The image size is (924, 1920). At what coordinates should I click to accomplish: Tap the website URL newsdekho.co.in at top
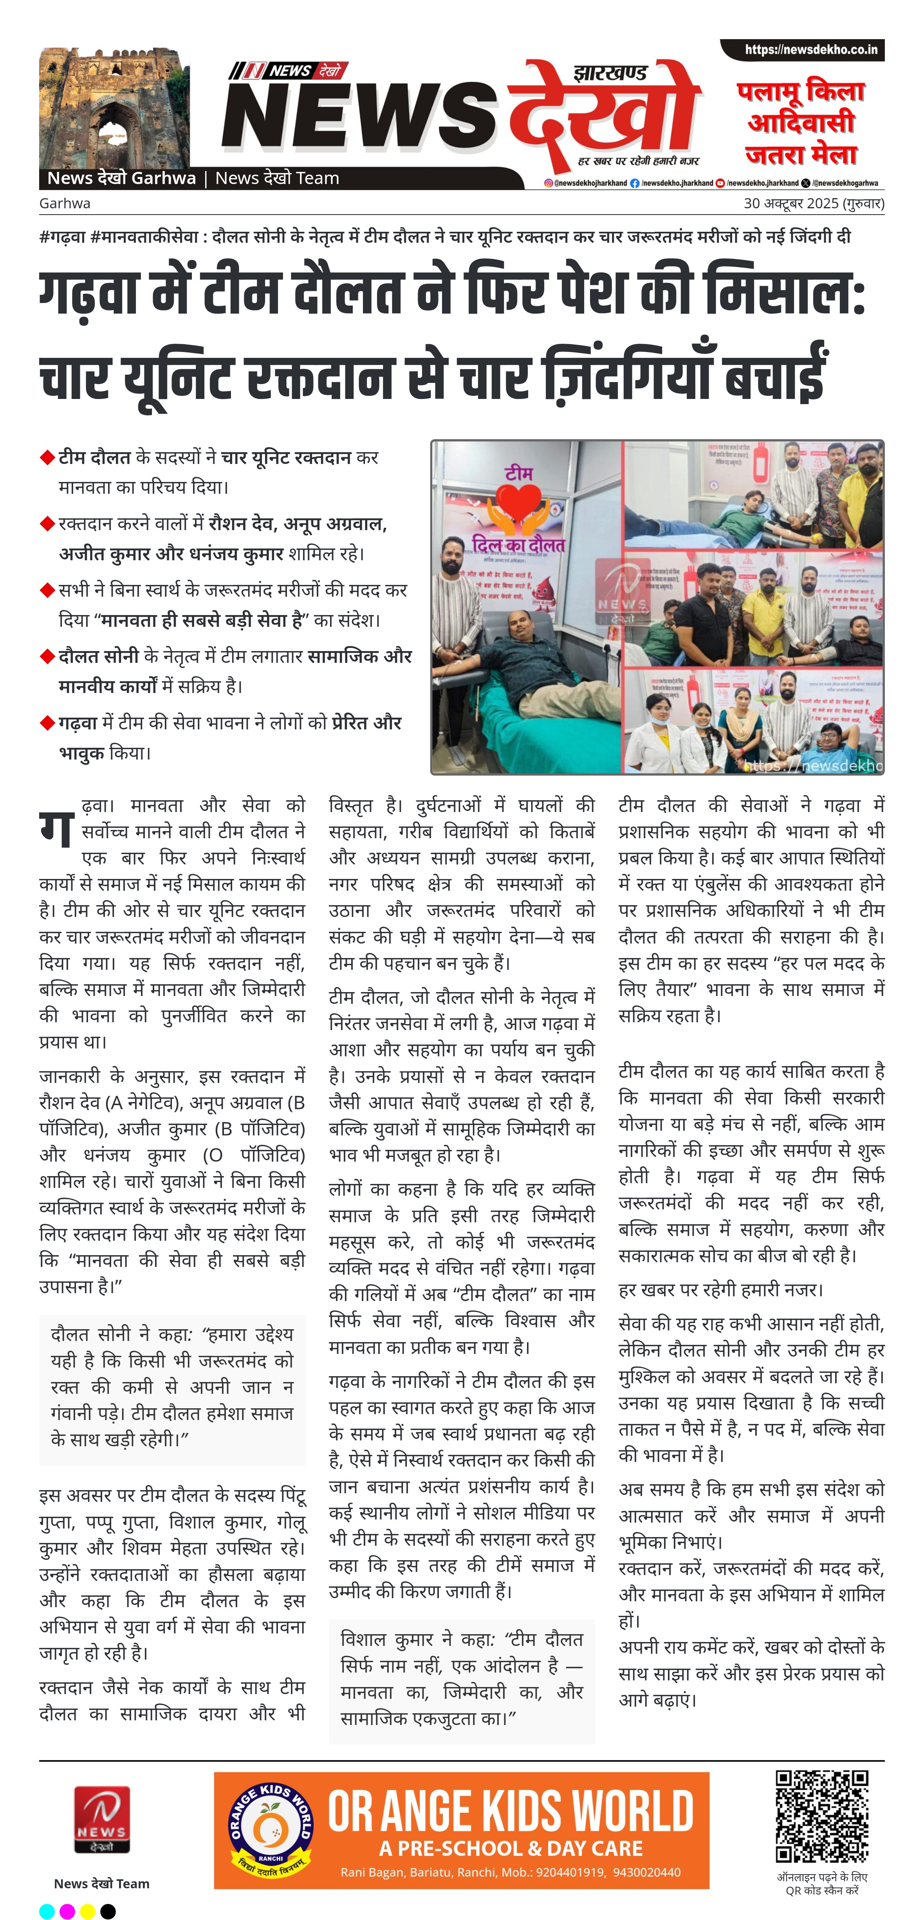[811, 50]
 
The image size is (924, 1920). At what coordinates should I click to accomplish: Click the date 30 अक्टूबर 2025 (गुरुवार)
[814, 204]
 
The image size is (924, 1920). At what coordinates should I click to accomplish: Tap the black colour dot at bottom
[108, 1911]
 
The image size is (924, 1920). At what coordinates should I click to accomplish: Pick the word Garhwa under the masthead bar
[65, 204]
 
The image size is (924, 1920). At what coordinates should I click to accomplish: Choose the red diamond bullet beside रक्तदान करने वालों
[48, 523]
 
